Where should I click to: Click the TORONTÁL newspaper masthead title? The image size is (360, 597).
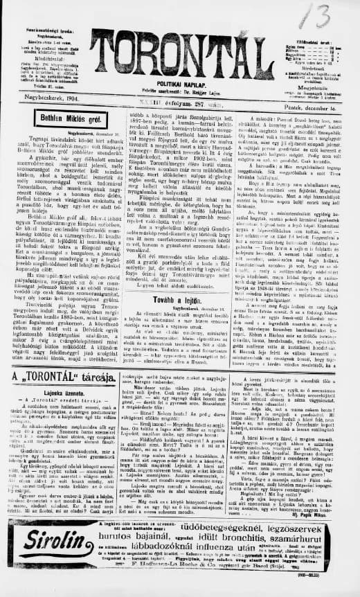179,55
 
